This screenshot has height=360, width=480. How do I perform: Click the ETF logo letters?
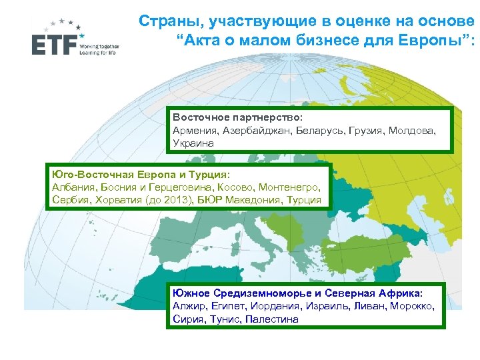(x=54, y=44)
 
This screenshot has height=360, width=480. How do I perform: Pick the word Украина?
(x=193, y=143)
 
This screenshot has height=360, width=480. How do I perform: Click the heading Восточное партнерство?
(x=237, y=118)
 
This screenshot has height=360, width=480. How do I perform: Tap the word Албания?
(x=71, y=188)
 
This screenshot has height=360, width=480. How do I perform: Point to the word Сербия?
(x=70, y=200)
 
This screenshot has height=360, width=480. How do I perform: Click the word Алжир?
(x=188, y=306)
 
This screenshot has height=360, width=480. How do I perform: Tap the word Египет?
(x=228, y=306)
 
